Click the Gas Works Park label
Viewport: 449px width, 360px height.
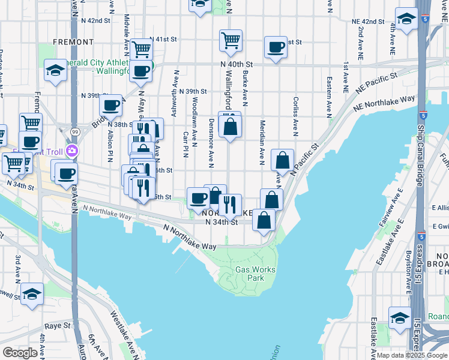[x=255, y=274]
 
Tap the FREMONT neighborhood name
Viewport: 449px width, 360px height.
[x=73, y=42]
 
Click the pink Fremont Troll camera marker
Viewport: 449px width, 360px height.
[x=73, y=151]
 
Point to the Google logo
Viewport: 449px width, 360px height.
[x=20, y=353]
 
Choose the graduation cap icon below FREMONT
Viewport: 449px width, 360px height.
[x=55, y=72]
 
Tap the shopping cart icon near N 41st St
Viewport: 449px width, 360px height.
[x=231, y=41]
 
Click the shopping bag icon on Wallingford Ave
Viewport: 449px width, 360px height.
[x=230, y=127]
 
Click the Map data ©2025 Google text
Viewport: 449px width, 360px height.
[x=412, y=355]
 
